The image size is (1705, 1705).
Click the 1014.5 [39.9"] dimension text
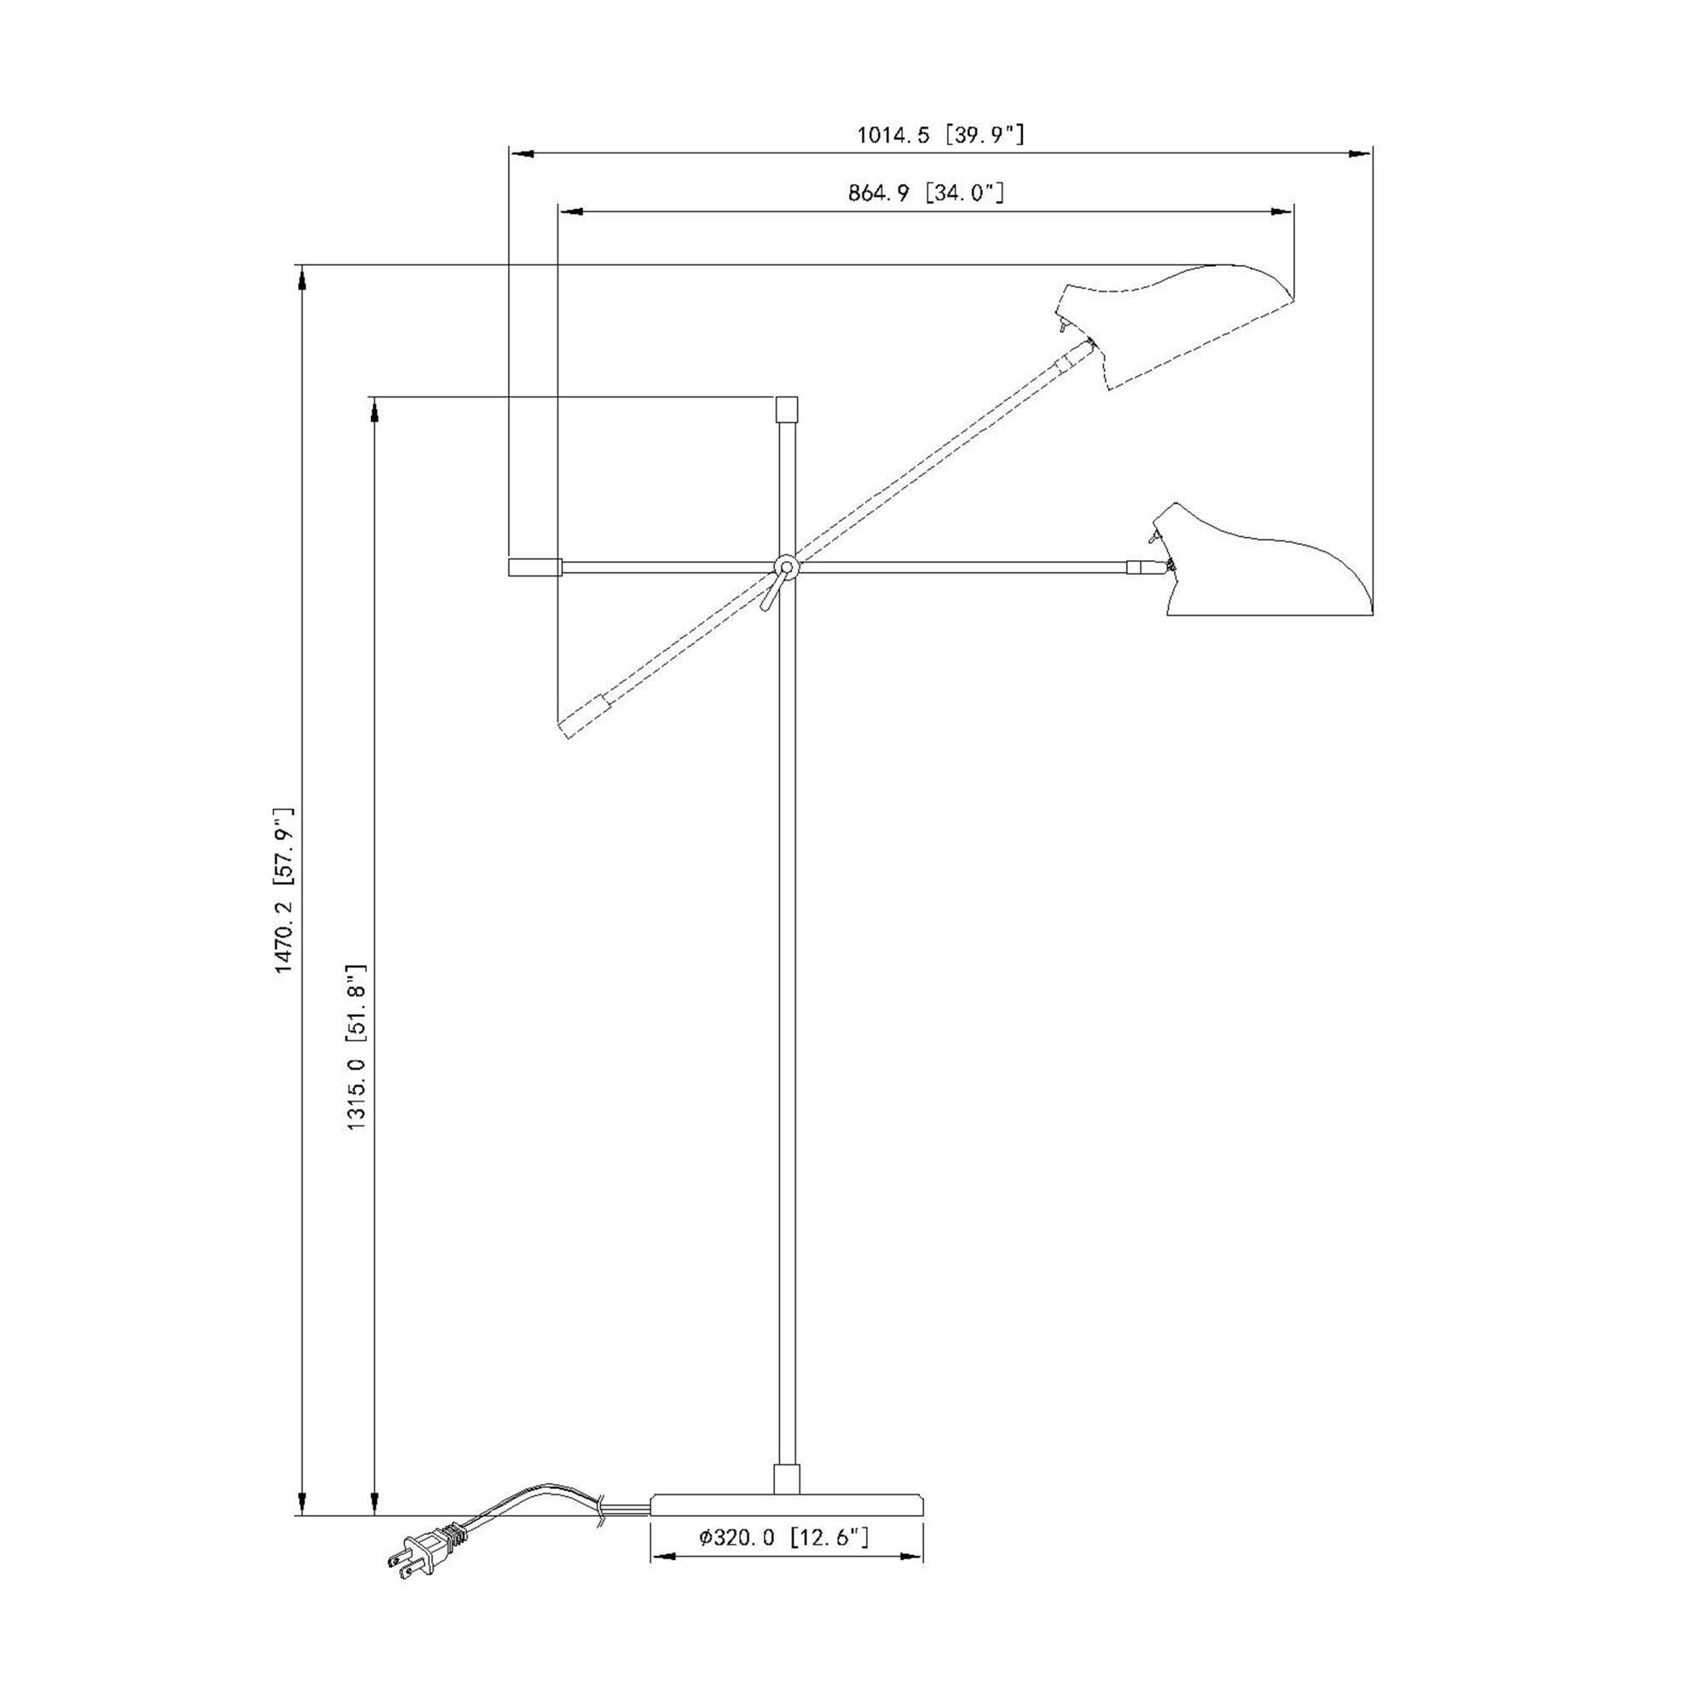[x=941, y=135]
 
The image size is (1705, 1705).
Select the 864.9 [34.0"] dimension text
[x=926, y=194]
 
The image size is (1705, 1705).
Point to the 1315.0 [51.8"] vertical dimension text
[x=356, y=1048]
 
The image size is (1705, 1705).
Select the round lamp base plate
[x=787, y=1505]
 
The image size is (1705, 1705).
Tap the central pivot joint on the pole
[x=785, y=567]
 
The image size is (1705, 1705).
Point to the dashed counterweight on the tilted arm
[x=587, y=716]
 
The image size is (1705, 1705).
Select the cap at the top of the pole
[x=786, y=410]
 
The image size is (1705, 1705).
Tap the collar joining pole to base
[x=786, y=1479]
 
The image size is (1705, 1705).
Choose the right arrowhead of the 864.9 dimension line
[x=1281, y=211]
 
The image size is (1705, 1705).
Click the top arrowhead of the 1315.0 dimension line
[x=374, y=411]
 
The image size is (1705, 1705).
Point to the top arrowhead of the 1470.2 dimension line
[x=302, y=279]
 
